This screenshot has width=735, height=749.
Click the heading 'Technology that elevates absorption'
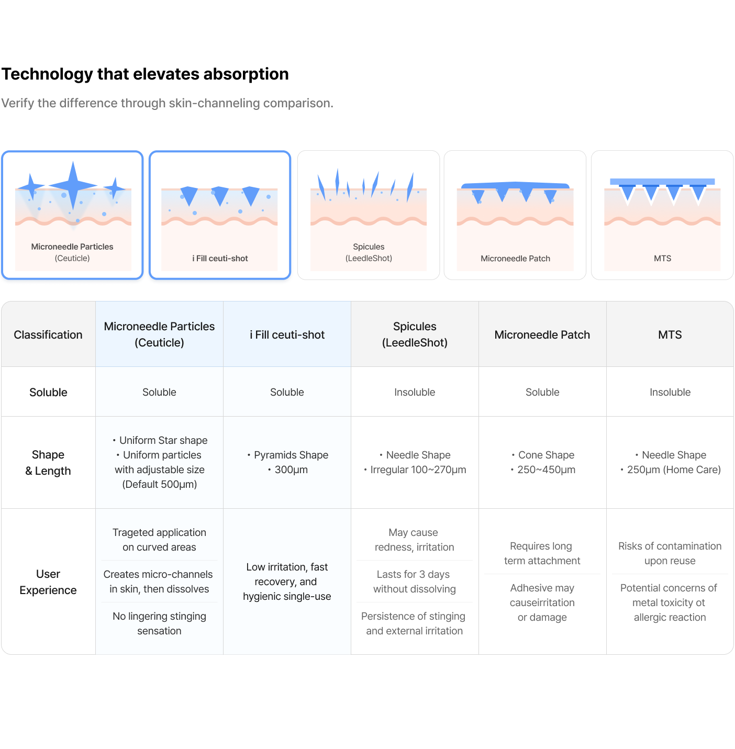tap(145, 74)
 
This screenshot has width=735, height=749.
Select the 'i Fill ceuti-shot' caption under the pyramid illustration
tap(220, 258)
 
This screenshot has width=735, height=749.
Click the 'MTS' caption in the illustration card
tap(662, 258)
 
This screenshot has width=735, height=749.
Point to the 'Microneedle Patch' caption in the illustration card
tap(515, 258)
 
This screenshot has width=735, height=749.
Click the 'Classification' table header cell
tap(48, 335)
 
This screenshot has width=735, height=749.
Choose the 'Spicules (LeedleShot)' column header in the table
tap(415, 334)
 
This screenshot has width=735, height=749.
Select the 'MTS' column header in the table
tap(670, 335)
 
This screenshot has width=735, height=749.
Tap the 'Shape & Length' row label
tap(48, 463)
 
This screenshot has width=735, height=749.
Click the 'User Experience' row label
tap(48, 582)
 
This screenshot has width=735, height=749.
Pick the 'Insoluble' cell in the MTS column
tap(670, 392)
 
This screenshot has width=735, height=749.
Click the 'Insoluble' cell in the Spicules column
tap(415, 392)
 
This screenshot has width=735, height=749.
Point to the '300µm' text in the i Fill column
tap(291, 469)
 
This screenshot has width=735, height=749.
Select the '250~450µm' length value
tap(546, 469)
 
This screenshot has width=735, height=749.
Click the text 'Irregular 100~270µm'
tap(418, 469)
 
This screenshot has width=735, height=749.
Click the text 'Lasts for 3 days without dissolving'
tap(414, 582)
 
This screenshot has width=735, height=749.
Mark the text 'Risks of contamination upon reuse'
tap(670, 553)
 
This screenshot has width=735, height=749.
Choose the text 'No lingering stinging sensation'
tap(159, 623)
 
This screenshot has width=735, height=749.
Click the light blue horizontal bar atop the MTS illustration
tap(662, 182)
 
